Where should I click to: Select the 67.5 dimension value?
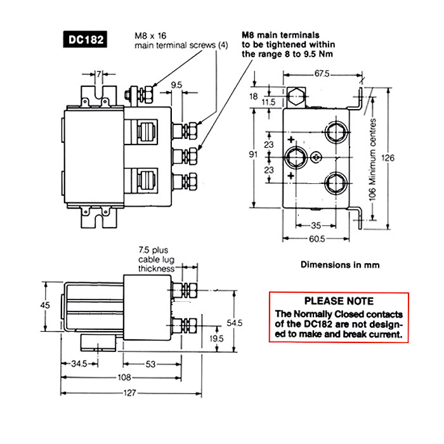tap(322, 75)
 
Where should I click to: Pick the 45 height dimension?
tap(45, 305)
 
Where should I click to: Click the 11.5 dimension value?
tap(268, 101)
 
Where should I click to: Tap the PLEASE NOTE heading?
tap(339, 301)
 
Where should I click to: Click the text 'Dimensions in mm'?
tap(340, 264)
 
